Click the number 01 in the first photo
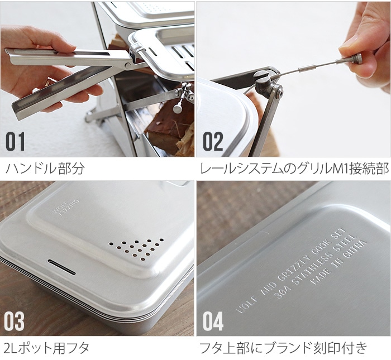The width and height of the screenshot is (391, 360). (x=16, y=141)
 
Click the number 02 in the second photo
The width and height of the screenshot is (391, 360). (x=213, y=141)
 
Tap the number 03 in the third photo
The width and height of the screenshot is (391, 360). (x=16, y=321)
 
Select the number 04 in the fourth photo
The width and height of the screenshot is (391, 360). (x=213, y=321)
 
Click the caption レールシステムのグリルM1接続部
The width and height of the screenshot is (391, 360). (x=294, y=169)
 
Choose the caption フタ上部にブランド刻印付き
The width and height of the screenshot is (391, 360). (x=283, y=349)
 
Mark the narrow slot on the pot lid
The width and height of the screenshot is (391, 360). (x=61, y=267)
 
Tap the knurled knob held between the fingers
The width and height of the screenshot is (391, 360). (x=355, y=59)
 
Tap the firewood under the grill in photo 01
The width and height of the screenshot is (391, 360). (x=167, y=131)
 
